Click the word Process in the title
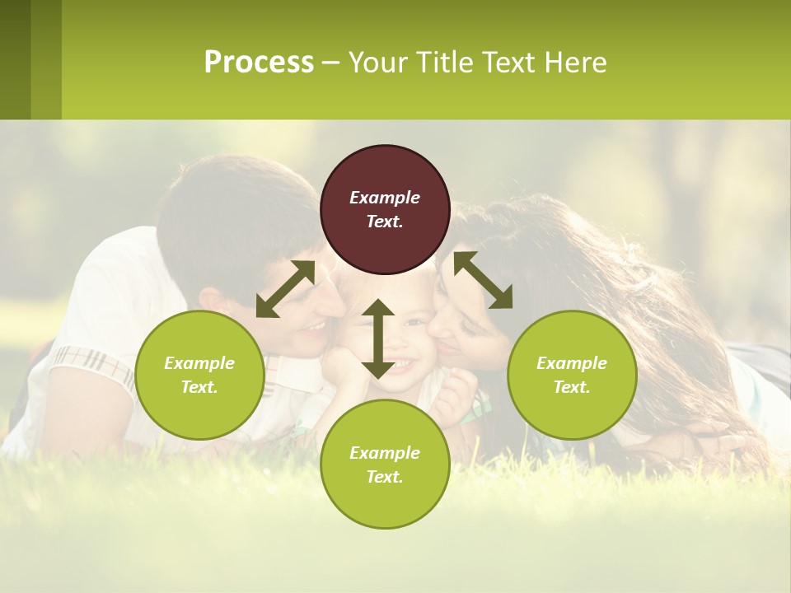(x=259, y=63)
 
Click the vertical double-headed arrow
(x=378, y=339)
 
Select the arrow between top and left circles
(x=285, y=289)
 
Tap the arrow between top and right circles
(x=483, y=280)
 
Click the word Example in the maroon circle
(x=385, y=198)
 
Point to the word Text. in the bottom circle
(x=385, y=477)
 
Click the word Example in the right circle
(x=572, y=363)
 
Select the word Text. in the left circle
(x=199, y=387)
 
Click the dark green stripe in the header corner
(x=15, y=59)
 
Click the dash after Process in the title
(x=330, y=63)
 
